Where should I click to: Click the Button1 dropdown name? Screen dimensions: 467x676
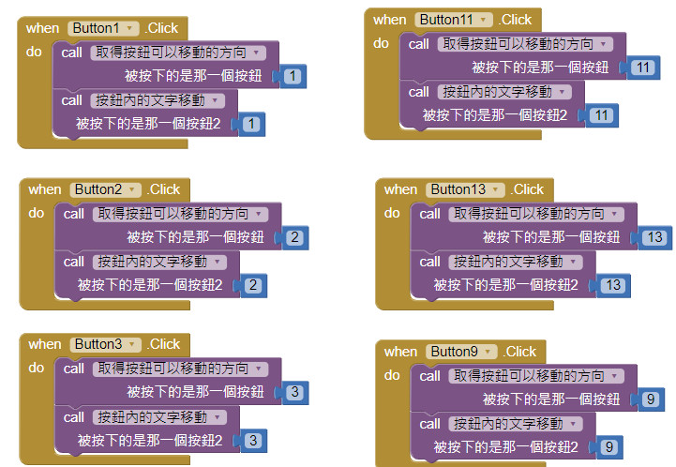[x=103, y=28]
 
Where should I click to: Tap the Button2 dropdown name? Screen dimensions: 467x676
[x=106, y=189]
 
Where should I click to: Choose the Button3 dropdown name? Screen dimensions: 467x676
[x=106, y=344]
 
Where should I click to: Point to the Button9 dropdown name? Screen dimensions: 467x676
[x=460, y=352]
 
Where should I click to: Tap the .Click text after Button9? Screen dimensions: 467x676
[x=520, y=352]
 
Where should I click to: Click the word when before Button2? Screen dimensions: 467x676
[x=45, y=189]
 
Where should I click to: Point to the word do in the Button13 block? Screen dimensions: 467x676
[x=392, y=213]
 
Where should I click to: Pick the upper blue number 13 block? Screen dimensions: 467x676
[x=653, y=237]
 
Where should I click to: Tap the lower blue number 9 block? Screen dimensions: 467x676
[x=608, y=446]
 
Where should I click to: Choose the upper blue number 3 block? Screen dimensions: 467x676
[x=294, y=392]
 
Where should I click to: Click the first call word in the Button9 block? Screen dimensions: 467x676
[x=429, y=376]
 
